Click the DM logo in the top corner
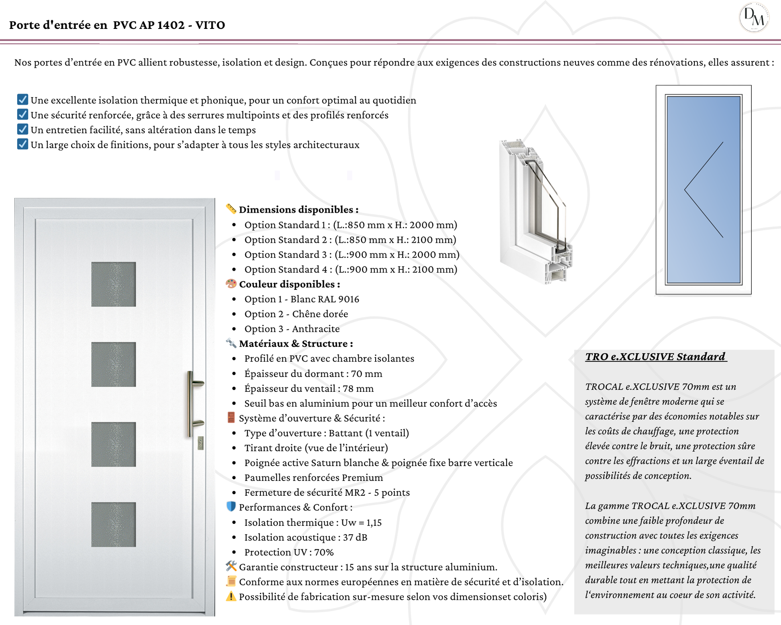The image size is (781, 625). click(754, 18)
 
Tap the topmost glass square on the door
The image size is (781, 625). click(114, 284)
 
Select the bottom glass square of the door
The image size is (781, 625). click(114, 524)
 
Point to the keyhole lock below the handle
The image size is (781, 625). click(201, 443)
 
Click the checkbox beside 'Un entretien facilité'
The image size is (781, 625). click(22, 129)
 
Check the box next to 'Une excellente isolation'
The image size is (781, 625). click(22, 99)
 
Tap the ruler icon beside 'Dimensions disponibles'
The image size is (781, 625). click(231, 209)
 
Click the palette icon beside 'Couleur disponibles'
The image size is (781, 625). click(231, 284)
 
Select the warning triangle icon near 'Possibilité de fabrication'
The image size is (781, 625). click(231, 596)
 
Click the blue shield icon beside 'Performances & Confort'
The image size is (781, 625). click(231, 507)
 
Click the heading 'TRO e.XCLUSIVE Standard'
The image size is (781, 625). click(655, 356)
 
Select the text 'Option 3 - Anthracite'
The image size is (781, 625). click(292, 329)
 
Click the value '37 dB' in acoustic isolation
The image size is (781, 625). click(355, 537)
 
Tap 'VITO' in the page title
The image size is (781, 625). click(210, 25)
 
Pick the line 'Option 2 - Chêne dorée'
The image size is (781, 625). click(296, 314)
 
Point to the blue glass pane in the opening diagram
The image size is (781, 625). click(704, 189)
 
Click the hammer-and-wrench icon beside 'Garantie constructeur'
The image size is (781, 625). click(231, 566)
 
